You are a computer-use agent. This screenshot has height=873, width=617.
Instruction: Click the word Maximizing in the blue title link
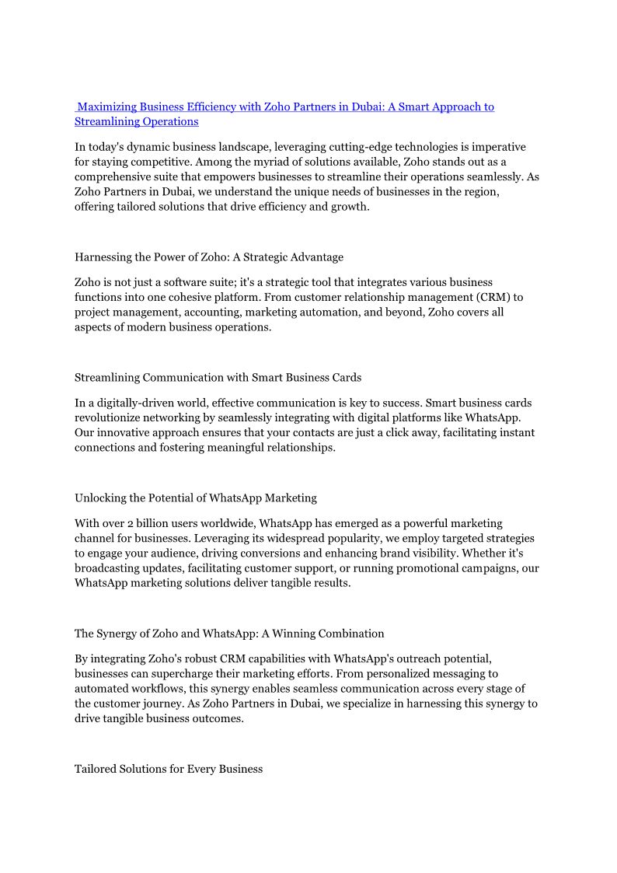pyautogui.click(x=107, y=107)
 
